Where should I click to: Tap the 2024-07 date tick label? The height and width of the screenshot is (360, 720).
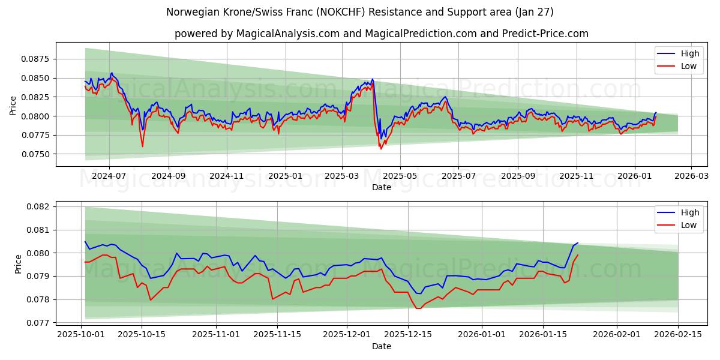pyautogui.click(x=109, y=176)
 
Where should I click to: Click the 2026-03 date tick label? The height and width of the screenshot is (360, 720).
pyautogui.click(x=691, y=176)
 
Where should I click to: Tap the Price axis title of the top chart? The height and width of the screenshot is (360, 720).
pyautogui.click(x=13, y=105)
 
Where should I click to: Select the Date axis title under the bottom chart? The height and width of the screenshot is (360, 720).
pyautogui.click(x=381, y=346)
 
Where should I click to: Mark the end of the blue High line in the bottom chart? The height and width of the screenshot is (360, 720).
pyautogui.click(x=578, y=243)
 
